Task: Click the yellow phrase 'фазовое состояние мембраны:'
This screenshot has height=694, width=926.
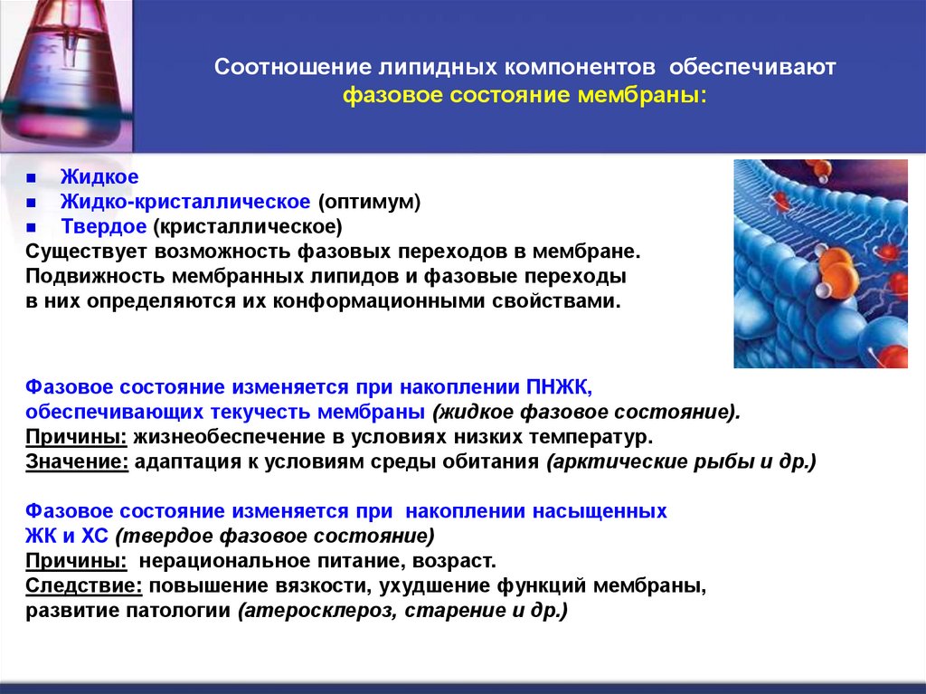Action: [x=524, y=95]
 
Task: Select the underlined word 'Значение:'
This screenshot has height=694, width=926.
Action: [x=77, y=461]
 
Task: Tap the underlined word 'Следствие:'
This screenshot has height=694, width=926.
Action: [x=84, y=585]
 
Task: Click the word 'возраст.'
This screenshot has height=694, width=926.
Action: [x=461, y=560]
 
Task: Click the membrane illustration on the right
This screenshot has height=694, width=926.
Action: [x=819, y=263]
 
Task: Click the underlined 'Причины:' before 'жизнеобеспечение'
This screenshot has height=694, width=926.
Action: [x=76, y=437]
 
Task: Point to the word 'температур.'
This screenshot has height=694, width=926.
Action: [x=601, y=437]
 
